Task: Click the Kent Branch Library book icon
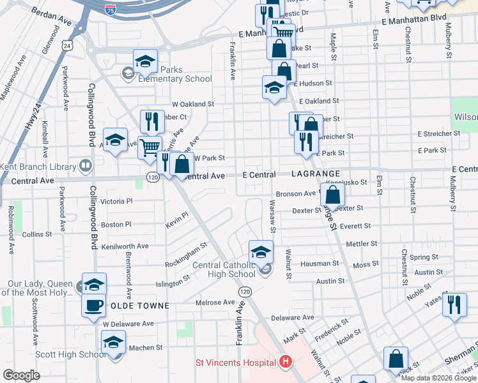coord(85,166)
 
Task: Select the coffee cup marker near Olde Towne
coord(93,304)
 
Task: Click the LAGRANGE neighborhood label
coord(315,174)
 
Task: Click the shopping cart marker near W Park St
coord(150,146)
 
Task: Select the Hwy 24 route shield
coord(66,45)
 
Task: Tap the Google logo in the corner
coord(21,375)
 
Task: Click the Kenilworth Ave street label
coord(120,246)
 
